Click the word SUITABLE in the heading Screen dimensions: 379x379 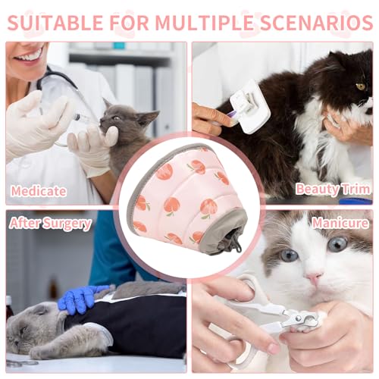pos(55,23)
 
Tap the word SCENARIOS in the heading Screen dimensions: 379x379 pos(316,23)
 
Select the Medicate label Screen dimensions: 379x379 pos(39,191)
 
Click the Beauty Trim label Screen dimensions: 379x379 pos(333,189)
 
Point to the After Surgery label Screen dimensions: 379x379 pos(50,224)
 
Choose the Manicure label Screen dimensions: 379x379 pos(340,223)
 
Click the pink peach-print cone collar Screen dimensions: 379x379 pos(186,199)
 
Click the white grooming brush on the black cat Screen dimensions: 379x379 pos(249,105)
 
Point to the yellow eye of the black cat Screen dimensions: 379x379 pos(361,86)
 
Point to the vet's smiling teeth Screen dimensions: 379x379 pos(29,56)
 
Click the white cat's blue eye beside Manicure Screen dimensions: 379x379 pos(337,243)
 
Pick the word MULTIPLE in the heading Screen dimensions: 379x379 pos(204,23)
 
